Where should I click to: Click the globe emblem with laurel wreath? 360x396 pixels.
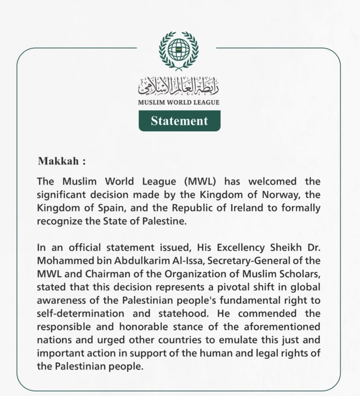179,49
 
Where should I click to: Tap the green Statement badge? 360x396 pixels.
179,121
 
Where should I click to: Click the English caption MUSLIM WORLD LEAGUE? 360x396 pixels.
179,102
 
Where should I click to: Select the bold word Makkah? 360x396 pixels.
58,161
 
